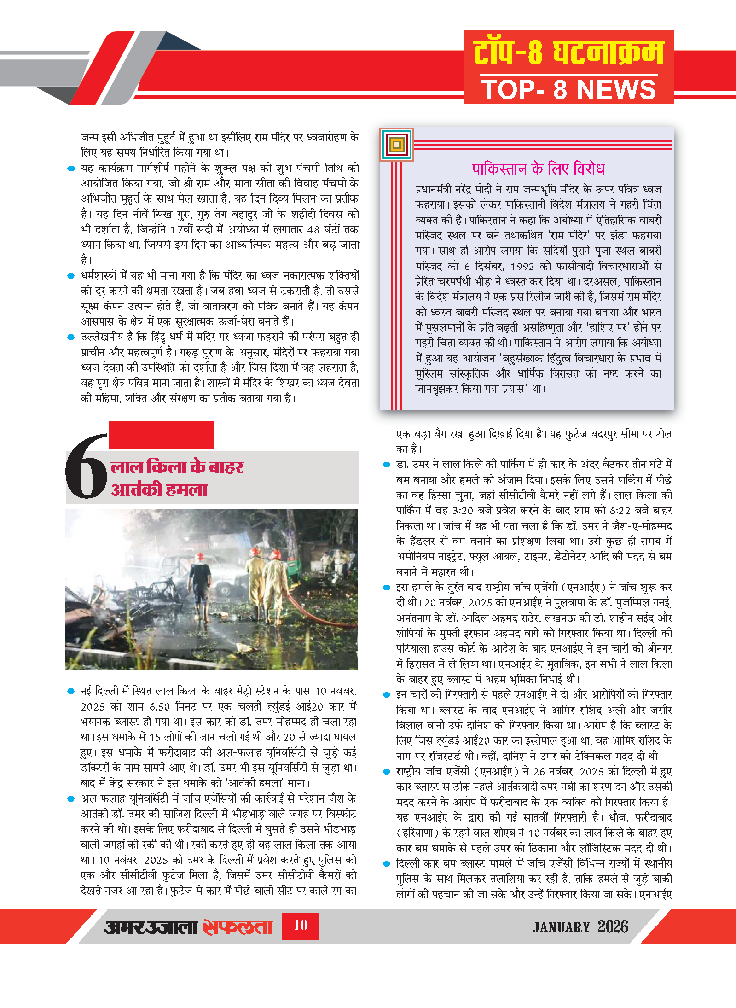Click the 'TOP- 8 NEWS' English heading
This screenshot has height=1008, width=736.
pyautogui.click(x=568, y=89)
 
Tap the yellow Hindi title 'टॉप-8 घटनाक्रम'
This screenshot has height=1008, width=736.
pyautogui.click(x=568, y=52)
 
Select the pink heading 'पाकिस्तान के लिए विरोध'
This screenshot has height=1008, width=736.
pyautogui.click(x=538, y=169)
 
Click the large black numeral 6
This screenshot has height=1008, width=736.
pyautogui.click(x=87, y=466)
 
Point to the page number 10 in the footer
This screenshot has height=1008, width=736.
pyautogui.click(x=300, y=925)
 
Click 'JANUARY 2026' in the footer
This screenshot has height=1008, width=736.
pyautogui.click(x=580, y=926)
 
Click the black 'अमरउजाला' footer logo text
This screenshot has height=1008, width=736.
pyautogui.click(x=151, y=926)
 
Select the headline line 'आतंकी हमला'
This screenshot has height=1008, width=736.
pyautogui.click(x=159, y=489)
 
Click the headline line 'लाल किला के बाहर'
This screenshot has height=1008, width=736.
pyautogui.click(x=177, y=467)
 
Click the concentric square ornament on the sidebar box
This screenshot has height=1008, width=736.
pyautogui.click(x=397, y=145)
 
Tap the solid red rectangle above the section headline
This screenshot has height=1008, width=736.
pyautogui.click(x=162, y=435)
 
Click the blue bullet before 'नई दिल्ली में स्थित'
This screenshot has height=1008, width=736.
pyautogui.click(x=71, y=691)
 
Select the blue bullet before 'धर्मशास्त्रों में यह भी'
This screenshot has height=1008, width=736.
pyautogui.click(x=71, y=276)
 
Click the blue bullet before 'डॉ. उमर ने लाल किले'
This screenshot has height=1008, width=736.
pyautogui.click(x=387, y=465)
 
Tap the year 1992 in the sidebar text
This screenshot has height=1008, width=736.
pyautogui.click(x=522, y=266)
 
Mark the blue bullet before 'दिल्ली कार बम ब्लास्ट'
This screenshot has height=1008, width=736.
pyautogui.click(x=387, y=864)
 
